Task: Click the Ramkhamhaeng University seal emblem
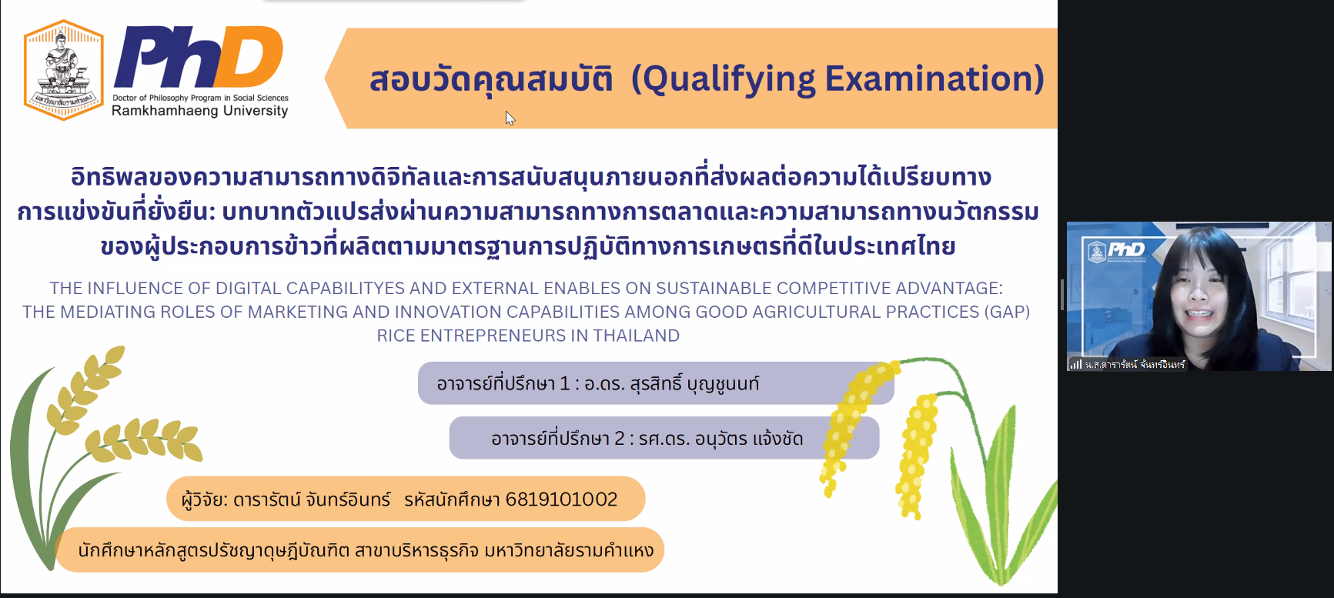[64, 70]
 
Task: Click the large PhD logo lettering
[199, 57]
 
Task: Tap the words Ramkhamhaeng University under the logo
[200, 111]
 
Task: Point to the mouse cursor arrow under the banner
[510, 118]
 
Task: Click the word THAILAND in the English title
[637, 336]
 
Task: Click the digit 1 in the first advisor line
[564, 383]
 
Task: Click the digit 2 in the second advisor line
[619, 439]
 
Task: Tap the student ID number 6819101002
[561, 499]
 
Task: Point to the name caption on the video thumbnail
[1135, 365]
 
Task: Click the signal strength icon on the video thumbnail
[1076, 365]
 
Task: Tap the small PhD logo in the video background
[1117, 250]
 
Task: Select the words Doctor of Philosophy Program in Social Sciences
[200, 98]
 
